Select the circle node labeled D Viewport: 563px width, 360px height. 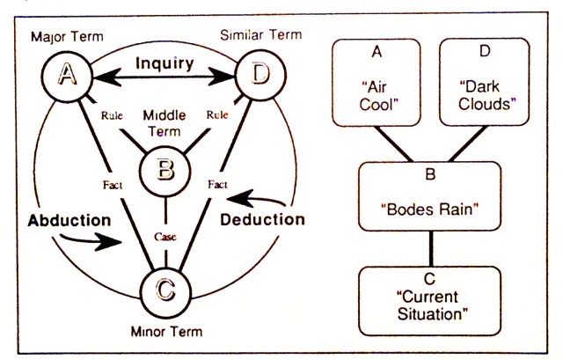[260, 77]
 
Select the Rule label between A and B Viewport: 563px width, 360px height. [112, 114]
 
